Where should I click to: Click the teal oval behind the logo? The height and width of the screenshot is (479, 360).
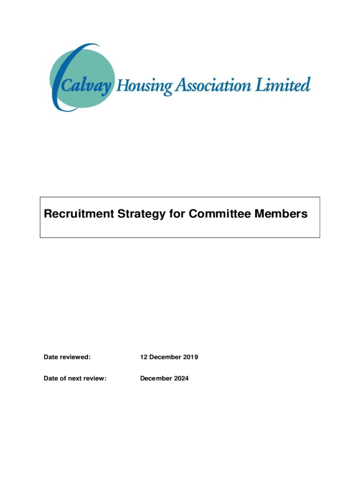coord(82,61)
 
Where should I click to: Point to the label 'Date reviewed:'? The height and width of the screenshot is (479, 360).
coord(67,357)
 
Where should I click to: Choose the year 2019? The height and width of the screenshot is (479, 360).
coord(191,357)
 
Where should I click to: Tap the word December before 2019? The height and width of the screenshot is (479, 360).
coord(166,357)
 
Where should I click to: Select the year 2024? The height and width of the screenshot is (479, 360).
coord(181,378)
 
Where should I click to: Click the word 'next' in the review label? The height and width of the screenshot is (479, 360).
coord(76,378)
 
